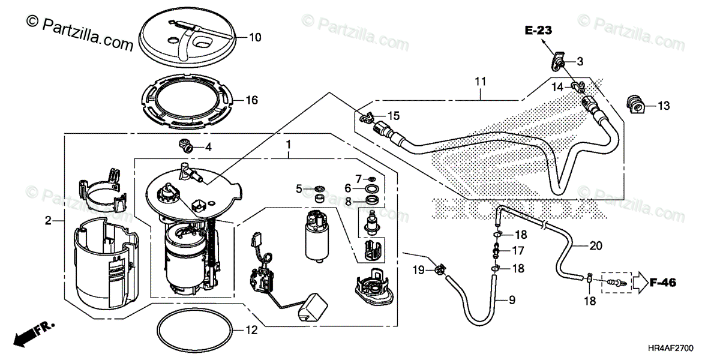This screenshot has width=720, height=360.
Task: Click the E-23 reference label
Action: pyautogui.click(x=538, y=29)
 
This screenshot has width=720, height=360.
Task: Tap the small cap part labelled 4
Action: pyautogui.click(x=185, y=145)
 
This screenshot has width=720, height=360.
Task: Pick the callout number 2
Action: pyautogui.click(x=47, y=221)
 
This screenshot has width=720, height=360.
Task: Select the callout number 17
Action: pyautogui.click(x=518, y=251)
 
